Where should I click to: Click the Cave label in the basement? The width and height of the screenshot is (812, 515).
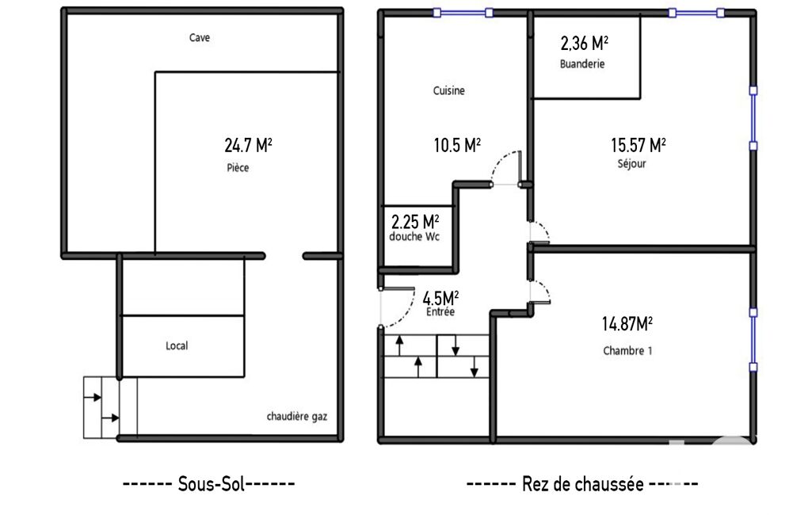click(200, 37)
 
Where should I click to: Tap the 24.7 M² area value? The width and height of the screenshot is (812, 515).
click(248, 145)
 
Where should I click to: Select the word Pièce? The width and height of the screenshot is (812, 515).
click(238, 167)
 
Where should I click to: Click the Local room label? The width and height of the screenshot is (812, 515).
click(177, 345)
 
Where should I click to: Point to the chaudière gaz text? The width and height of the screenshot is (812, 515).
click(297, 417)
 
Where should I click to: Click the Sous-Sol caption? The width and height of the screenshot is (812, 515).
click(209, 484)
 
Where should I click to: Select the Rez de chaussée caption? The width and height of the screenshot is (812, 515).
click(582, 484)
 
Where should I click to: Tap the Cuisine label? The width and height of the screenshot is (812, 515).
click(449, 90)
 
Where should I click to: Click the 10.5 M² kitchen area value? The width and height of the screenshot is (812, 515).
click(457, 145)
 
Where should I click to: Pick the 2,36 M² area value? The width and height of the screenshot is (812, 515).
click(584, 43)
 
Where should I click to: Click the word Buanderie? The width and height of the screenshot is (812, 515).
click(582, 63)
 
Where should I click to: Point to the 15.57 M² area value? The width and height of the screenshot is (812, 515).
click(638, 145)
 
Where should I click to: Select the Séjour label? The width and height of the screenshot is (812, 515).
click(632, 164)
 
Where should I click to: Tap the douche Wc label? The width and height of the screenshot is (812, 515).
click(414, 237)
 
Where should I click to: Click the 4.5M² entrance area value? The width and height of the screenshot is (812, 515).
click(440, 299)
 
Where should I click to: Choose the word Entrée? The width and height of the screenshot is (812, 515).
click(440, 312)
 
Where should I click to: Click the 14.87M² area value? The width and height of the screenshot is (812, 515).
click(627, 324)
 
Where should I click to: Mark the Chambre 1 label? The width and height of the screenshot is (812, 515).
click(627, 351)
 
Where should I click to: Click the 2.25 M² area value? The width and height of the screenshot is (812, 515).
click(415, 223)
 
